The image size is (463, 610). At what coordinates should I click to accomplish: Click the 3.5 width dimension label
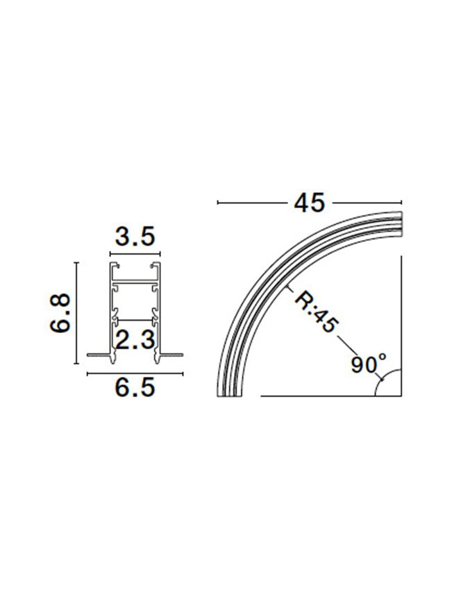[x=135, y=237]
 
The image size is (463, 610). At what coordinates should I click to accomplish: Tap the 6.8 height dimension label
[x=60, y=313]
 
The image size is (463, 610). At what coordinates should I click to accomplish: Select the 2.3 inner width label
[x=136, y=339]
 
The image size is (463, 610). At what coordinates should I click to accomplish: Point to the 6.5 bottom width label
[x=135, y=387]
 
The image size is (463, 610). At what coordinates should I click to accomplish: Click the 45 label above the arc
[x=310, y=203]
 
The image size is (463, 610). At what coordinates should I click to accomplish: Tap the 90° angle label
[x=368, y=364]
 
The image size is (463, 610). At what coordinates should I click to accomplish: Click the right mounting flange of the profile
[x=169, y=355]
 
